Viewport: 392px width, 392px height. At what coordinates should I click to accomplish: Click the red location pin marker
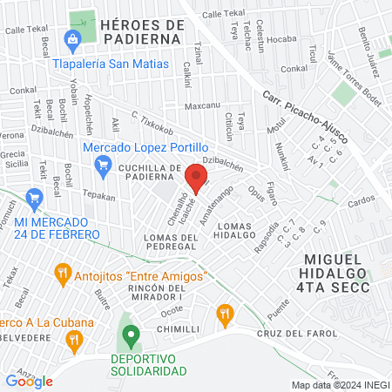click(x=196, y=179)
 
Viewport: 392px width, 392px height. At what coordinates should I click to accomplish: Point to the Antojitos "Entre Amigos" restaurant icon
click(x=62, y=275)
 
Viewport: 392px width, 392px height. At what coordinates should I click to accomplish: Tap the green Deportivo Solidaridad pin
click(x=132, y=335)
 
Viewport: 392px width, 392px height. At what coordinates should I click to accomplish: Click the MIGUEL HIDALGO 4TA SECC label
click(x=345, y=267)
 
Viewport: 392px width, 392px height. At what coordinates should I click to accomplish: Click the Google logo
click(x=29, y=381)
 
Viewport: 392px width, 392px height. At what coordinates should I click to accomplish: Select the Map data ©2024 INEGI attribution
click(x=340, y=385)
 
